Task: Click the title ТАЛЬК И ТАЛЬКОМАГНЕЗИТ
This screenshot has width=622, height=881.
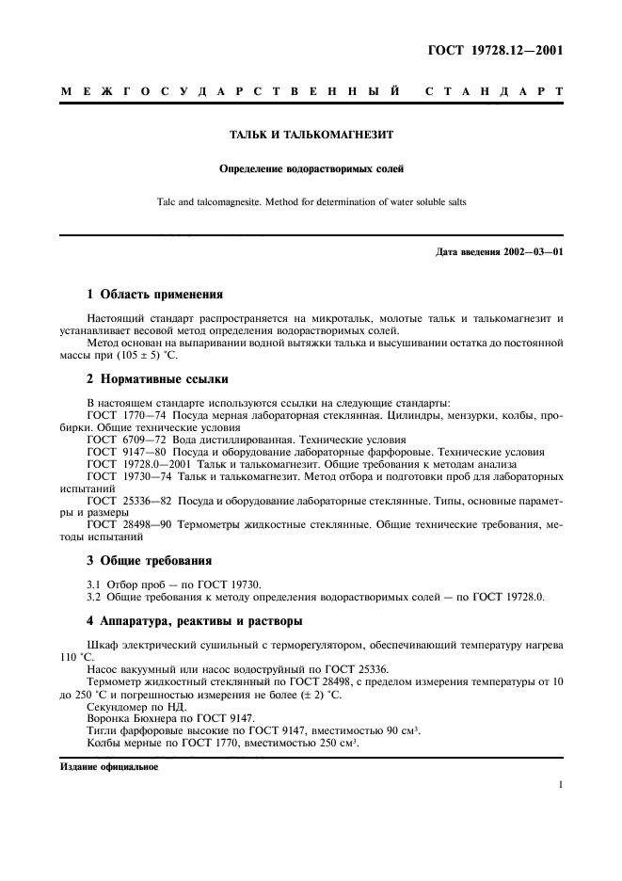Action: (311, 135)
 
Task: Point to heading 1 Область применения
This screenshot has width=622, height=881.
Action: (154, 294)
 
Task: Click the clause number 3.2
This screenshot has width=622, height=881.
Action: (93, 596)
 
